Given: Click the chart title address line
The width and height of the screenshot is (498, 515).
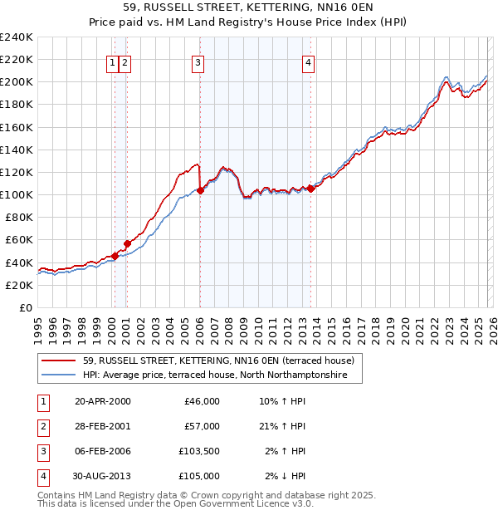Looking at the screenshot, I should [x=249, y=7].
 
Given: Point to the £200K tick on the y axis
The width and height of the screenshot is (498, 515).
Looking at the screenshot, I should [x=17, y=82].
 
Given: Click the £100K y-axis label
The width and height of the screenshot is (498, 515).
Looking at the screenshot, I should [x=17, y=194].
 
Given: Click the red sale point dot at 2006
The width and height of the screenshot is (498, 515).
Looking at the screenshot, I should [x=200, y=190].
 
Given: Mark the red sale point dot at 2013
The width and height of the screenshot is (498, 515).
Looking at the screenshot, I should [x=310, y=189].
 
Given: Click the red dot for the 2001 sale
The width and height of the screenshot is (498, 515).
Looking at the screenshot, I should [x=127, y=243].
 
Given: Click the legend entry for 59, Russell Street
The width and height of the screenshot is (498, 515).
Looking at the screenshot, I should [x=218, y=360].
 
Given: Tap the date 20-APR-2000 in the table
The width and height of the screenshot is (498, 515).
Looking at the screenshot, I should [x=103, y=401].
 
